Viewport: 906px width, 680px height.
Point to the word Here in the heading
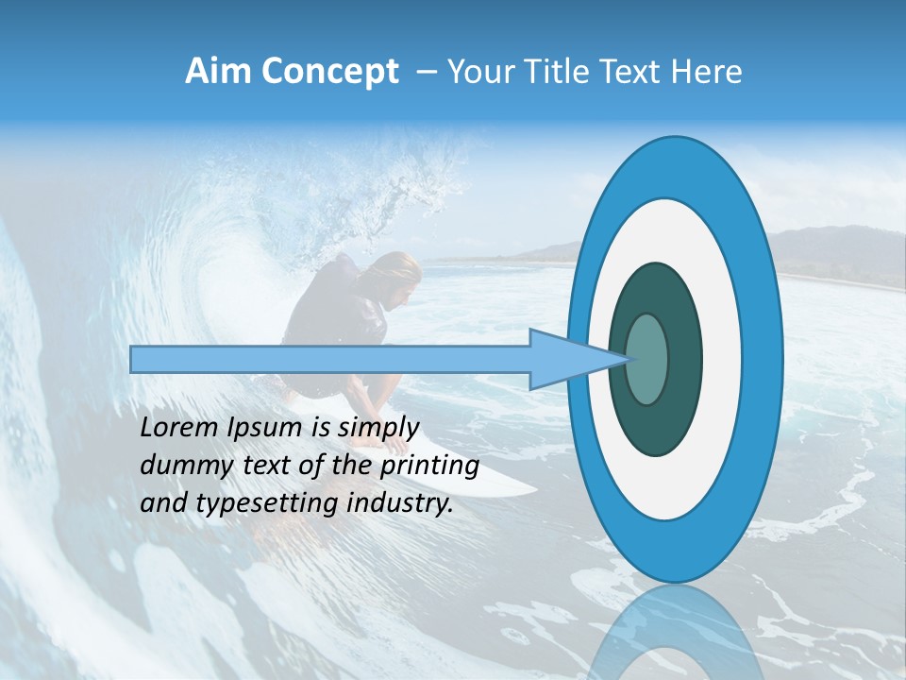pos(705,72)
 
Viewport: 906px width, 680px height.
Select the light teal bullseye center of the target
pos(647,360)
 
